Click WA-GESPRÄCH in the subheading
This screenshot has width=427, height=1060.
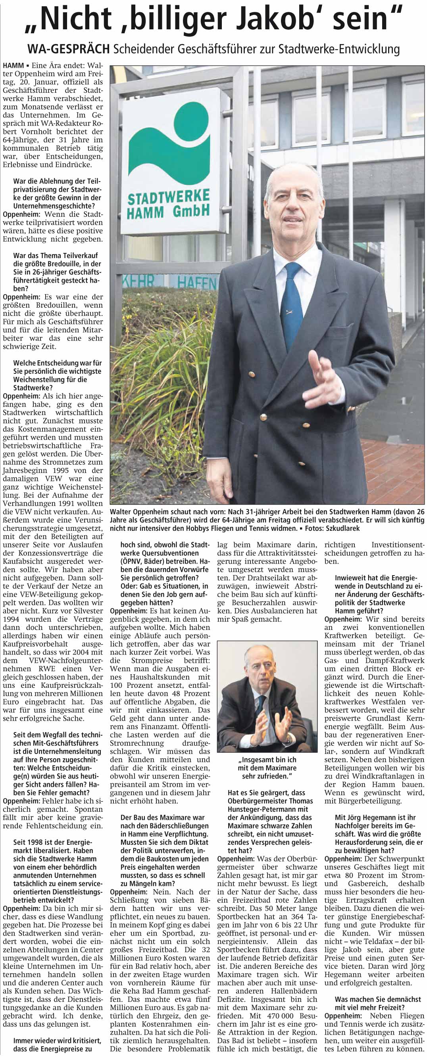[68, 50]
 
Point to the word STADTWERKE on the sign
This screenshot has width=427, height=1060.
[168, 198]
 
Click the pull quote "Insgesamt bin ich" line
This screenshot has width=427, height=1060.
[267, 760]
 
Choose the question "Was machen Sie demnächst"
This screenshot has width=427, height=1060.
[377, 999]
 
